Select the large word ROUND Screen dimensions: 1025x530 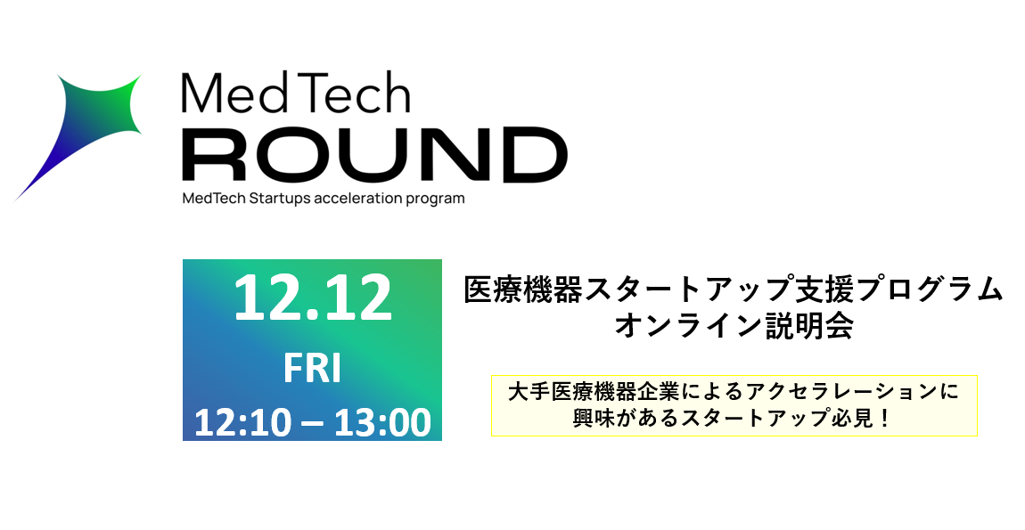pos(374,154)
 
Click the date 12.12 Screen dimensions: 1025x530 pos(313,298)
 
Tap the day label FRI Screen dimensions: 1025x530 pos(313,370)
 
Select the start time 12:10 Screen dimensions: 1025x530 pos(242,423)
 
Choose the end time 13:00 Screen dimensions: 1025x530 pos(382,423)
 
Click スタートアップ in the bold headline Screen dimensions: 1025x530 pos(688,290)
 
